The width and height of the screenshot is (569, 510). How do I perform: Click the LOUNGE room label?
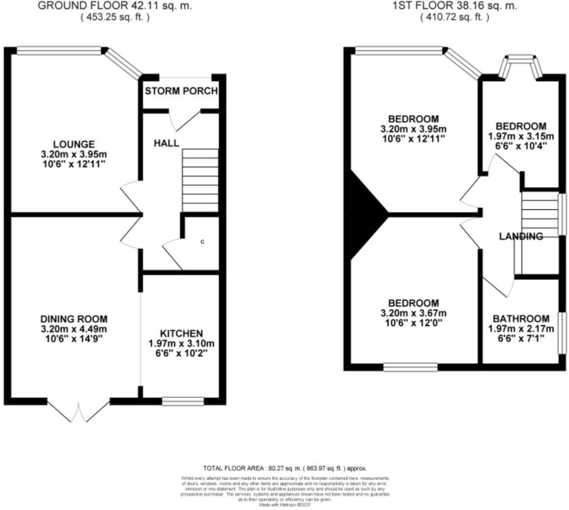point(74,144)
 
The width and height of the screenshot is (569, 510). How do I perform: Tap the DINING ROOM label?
point(74,319)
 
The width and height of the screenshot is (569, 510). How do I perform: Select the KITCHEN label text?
point(181,333)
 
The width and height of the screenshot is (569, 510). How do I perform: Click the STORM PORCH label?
point(181,91)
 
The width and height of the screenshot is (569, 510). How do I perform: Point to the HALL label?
point(166,143)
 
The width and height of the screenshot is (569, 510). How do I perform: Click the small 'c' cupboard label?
point(202,242)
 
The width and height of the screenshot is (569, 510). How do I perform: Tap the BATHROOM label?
point(521,318)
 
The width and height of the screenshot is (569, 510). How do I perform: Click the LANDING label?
point(521,236)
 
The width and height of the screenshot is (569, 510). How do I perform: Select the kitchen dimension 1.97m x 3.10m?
point(181,344)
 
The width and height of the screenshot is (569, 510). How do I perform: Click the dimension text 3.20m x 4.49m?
point(74,329)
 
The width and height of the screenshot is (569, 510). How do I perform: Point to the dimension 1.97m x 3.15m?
point(520,136)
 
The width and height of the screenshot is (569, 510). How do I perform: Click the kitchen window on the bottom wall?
point(183,402)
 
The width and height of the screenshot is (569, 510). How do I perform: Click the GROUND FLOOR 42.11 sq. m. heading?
point(115,6)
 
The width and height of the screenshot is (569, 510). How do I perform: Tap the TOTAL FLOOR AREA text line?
point(284,468)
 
